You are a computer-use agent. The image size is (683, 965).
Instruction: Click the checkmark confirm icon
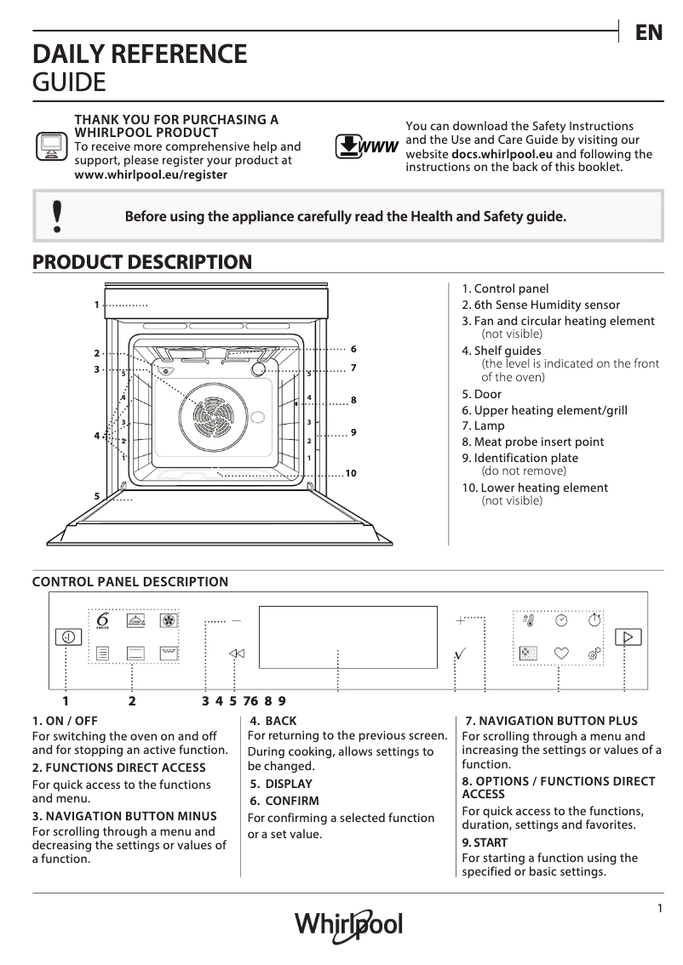(461, 653)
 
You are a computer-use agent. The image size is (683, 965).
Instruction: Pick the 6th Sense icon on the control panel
(102, 622)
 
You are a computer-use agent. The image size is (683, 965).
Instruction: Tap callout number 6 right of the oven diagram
(353, 349)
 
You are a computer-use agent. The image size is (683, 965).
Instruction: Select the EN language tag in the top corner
(648, 32)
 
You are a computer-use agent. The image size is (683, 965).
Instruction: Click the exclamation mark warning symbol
(57, 216)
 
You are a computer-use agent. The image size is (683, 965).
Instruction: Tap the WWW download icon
(367, 146)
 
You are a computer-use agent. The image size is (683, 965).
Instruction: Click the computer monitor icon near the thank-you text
(50, 146)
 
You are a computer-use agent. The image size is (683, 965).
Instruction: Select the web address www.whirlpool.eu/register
(152, 174)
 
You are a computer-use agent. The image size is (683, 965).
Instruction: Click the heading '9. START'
(484, 842)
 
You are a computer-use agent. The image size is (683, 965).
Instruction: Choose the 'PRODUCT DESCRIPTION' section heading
(141, 262)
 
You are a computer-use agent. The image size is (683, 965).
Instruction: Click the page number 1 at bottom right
(659, 908)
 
